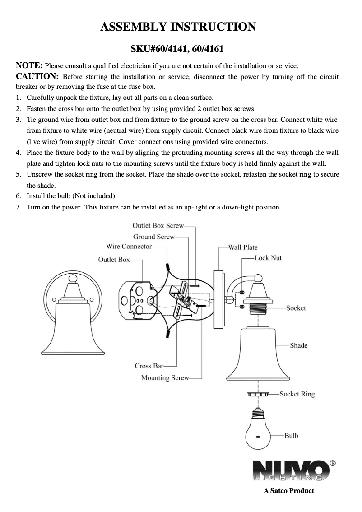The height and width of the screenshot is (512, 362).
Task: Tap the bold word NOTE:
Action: (x=29, y=65)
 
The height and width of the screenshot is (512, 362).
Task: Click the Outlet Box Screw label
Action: (x=158, y=225)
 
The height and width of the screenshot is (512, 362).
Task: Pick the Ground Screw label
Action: (x=153, y=237)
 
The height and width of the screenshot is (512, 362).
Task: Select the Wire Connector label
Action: (x=129, y=247)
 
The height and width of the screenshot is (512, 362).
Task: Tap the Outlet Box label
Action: (x=114, y=260)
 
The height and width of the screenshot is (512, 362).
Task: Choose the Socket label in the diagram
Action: (x=296, y=308)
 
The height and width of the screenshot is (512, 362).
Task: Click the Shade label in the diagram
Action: (x=298, y=345)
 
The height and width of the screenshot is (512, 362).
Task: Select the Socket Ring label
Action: (x=297, y=394)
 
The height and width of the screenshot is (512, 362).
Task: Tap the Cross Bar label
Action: (x=149, y=366)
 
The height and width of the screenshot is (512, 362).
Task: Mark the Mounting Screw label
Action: (x=165, y=378)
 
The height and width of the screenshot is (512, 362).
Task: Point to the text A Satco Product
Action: (x=289, y=491)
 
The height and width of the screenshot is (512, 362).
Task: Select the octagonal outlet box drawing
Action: (x=137, y=299)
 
